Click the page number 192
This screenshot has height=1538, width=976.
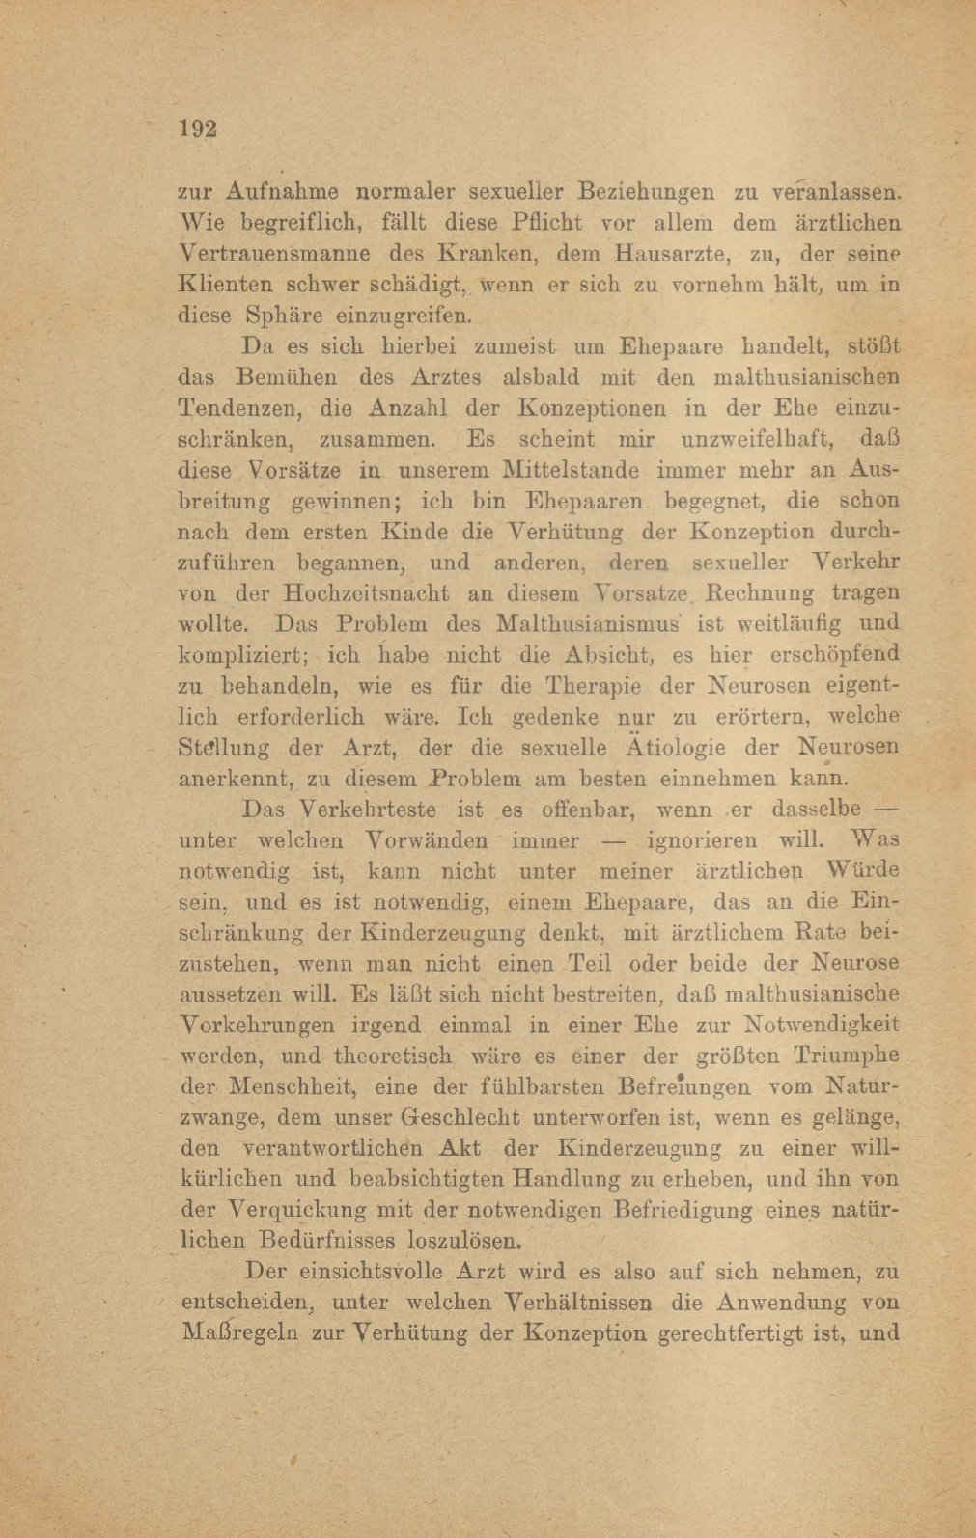tap(197, 129)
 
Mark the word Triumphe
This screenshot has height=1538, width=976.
tap(846, 1056)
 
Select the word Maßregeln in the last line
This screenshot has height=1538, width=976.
tap(241, 1333)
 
